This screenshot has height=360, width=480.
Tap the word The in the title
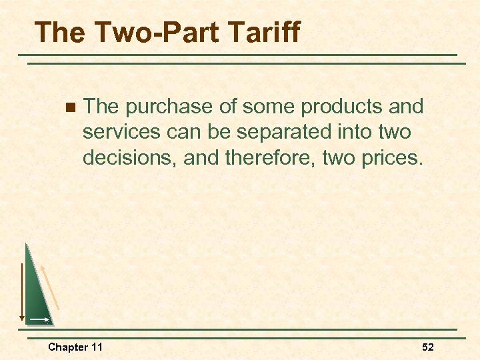click(x=58, y=32)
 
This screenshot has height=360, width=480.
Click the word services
click(x=121, y=132)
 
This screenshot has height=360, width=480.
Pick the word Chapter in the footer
click(x=67, y=347)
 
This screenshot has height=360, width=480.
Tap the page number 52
click(x=427, y=347)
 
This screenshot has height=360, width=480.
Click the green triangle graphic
click(x=37, y=293)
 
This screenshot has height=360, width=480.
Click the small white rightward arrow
click(x=39, y=320)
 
